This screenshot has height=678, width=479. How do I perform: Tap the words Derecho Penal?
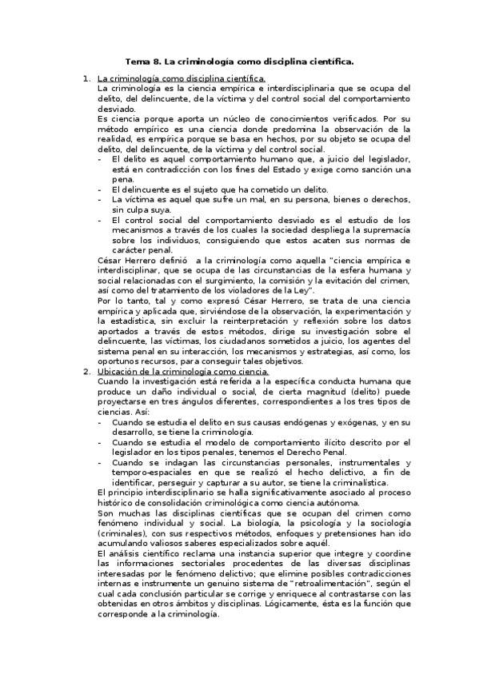312,453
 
